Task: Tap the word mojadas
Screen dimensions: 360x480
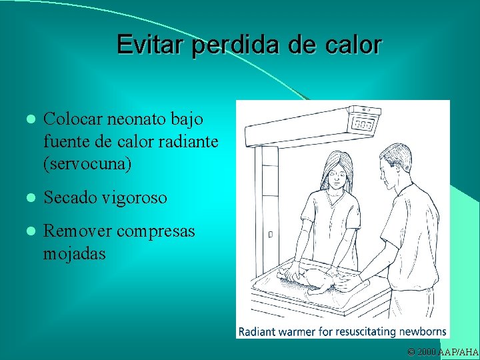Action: coord(74,254)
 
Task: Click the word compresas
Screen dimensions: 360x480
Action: coord(155,231)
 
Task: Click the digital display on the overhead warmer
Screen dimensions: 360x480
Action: coord(363,125)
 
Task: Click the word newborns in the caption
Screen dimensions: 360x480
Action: coord(421,331)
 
